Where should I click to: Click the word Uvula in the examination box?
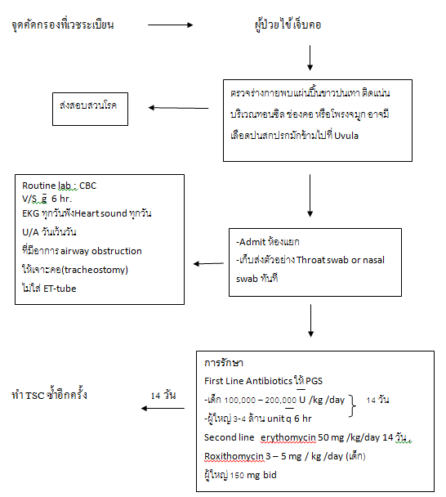tap(346, 136)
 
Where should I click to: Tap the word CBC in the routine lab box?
tap(87, 186)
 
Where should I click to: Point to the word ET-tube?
tap(60, 289)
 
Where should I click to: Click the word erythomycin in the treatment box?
tap(288, 437)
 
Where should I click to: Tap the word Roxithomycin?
tap(234, 456)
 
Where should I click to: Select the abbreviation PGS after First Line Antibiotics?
tap(314, 381)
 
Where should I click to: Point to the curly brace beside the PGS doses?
tap(352, 406)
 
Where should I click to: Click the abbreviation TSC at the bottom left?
tap(34, 396)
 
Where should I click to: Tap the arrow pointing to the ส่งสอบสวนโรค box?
tap(178, 108)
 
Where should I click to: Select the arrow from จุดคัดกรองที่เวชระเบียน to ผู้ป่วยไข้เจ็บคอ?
tap(171, 25)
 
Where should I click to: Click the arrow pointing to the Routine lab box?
tap(208, 263)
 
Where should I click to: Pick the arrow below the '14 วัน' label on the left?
tap(163, 408)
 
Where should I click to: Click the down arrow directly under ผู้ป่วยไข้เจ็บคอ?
tap(310, 58)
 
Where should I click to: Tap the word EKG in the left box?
tap(31, 213)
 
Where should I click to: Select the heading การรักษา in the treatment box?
tap(224, 363)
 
